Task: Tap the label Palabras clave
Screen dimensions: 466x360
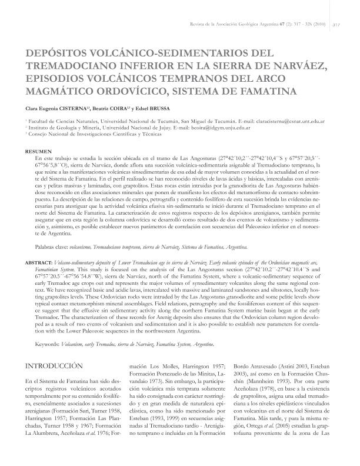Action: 52,232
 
